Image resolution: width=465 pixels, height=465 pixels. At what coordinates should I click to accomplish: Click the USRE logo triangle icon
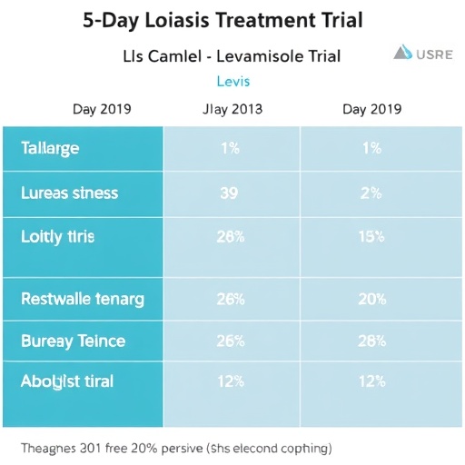pyautogui.click(x=402, y=53)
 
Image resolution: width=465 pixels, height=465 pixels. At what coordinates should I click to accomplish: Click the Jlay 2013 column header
pyautogui.click(x=232, y=110)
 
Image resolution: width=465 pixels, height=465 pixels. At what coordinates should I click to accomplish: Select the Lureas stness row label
pyautogui.click(x=69, y=193)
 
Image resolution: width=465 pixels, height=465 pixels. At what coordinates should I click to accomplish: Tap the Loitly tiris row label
pyautogui.click(x=57, y=236)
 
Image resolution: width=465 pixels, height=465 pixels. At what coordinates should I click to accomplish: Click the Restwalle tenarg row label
pyautogui.click(x=82, y=298)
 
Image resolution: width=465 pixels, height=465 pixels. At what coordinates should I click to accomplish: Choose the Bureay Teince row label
pyautogui.click(x=73, y=341)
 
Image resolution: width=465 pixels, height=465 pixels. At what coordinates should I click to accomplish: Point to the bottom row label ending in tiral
pyautogui.click(x=67, y=381)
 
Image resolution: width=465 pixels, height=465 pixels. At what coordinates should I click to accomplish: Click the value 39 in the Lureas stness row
pyautogui.click(x=231, y=193)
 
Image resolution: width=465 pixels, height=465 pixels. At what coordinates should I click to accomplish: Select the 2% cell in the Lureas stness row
pyautogui.click(x=371, y=193)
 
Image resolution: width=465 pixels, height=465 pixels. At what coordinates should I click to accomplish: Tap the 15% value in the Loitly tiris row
pyautogui.click(x=371, y=236)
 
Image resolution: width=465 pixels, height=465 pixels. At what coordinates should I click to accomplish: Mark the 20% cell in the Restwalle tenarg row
pyautogui.click(x=371, y=298)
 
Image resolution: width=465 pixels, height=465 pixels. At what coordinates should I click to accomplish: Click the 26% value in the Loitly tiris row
pyautogui.click(x=231, y=236)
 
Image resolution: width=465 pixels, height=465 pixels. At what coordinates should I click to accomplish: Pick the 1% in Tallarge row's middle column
pyautogui.click(x=231, y=149)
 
